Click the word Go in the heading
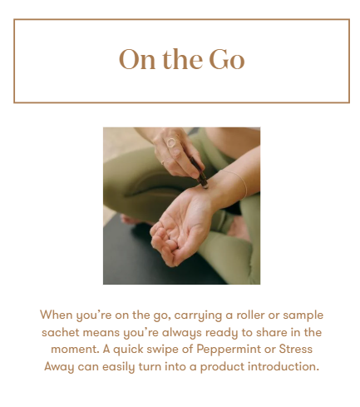pyautogui.click(x=226, y=59)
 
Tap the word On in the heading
pyautogui.click(x=137, y=59)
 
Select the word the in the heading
pyautogui.click(x=182, y=59)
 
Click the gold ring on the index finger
pyautogui.click(x=171, y=142)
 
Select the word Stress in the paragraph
pyautogui.click(x=295, y=349)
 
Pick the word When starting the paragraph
pyautogui.click(x=57, y=315)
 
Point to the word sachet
pyautogui.click(x=61, y=332)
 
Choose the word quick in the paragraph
pyautogui.click(x=128, y=350)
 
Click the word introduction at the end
pyautogui.click(x=283, y=366)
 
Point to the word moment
pyautogui.click(x=75, y=350)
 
